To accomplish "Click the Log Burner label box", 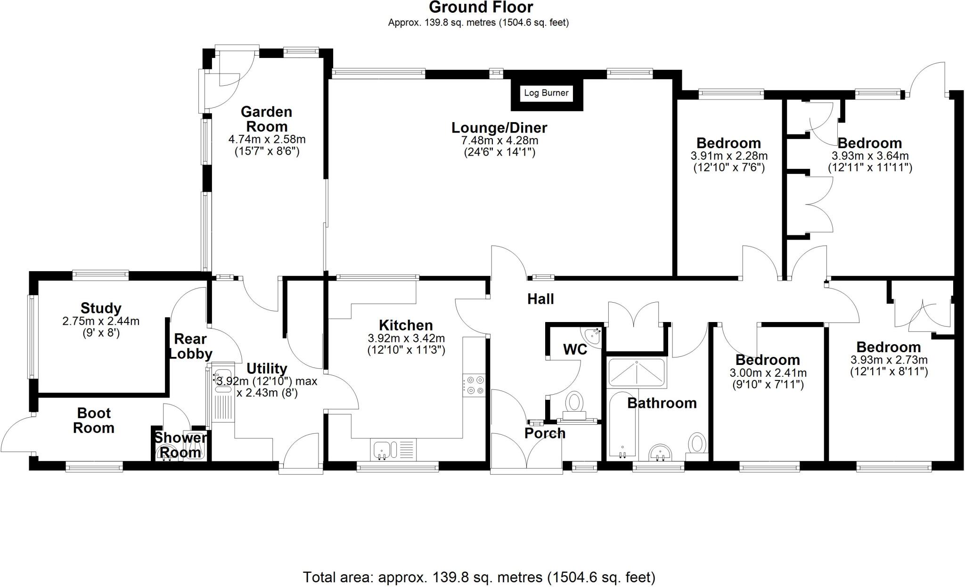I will (546, 93).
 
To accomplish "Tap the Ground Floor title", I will (481, 8).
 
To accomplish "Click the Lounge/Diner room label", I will (499, 128).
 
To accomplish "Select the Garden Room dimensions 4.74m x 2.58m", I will (267, 140).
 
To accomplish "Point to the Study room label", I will (101, 308).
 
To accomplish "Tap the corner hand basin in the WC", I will (593, 337).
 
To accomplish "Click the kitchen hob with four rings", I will (474, 385).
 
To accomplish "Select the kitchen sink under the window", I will (393, 450).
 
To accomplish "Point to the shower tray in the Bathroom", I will (636, 372).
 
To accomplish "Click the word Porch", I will (545, 433).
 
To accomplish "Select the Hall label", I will (540, 299).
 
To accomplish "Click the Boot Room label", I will (94, 421).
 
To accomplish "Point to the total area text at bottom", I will (479, 577).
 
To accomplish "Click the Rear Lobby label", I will (190, 346).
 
